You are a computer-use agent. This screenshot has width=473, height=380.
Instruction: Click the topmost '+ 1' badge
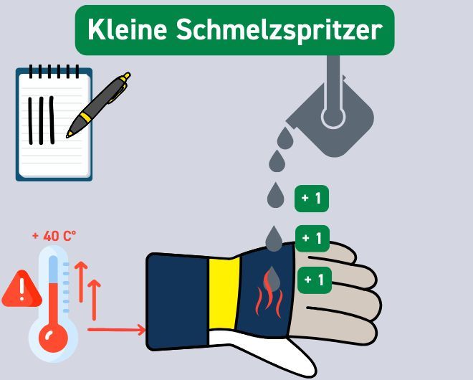pos(312,199)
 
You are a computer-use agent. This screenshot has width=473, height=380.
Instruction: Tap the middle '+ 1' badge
pos(312,237)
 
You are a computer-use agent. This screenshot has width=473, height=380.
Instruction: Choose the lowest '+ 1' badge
pos(312,279)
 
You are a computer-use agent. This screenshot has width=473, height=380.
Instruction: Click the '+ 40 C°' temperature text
pos(54,235)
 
